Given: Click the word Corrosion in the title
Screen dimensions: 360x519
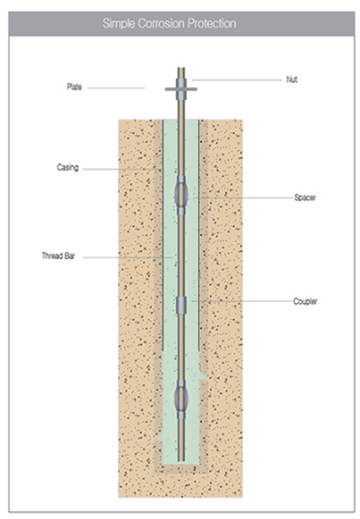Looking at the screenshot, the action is (x=161, y=23).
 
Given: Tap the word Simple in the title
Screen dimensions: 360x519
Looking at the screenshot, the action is (x=119, y=24).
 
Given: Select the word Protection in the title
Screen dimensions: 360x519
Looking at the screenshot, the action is (x=212, y=23).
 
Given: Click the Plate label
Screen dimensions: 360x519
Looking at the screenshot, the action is (x=74, y=87).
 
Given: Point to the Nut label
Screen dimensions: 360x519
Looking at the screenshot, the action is (x=292, y=80).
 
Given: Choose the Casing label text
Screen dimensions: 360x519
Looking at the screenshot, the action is (x=67, y=168).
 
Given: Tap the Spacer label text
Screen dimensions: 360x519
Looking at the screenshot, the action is (x=305, y=197).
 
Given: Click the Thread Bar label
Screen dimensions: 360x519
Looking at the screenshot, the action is (x=58, y=256).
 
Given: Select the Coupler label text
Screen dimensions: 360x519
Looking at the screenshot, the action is (x=305, y=301).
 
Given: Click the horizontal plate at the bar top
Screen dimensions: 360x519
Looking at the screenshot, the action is (x=181, y=89).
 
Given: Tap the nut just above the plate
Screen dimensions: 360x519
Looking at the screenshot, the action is (x=181, y=83).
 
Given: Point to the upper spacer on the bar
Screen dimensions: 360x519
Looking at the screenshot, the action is (x=181, y=195).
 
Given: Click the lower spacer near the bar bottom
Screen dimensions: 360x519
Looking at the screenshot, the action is (x=181, y=400).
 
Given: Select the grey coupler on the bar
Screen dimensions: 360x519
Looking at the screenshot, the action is (x=181, y=305).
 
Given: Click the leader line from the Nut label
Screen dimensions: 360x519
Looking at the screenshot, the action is (x=237, y=80).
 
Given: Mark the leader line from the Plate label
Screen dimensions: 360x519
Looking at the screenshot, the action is (x=116, y=88).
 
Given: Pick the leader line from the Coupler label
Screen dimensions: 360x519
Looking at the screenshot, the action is (x=242, y=301).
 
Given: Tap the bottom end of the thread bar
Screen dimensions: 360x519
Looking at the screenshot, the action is (x=181, y=460).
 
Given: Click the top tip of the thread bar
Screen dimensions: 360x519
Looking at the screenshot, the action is (x=181, y=68).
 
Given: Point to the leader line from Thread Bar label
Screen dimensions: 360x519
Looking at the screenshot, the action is (x=127, y=257).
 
